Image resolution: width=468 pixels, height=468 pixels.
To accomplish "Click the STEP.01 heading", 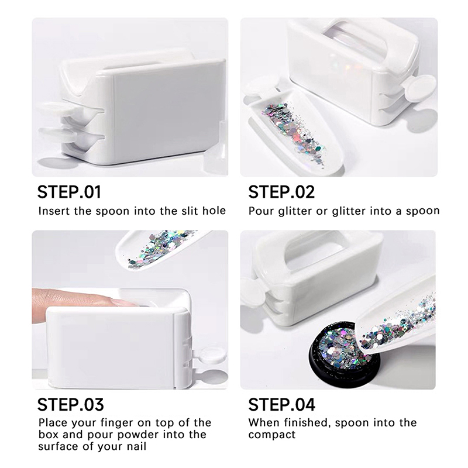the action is click(69, 192).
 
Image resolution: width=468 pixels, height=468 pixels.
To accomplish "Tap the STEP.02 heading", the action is click(281, 192).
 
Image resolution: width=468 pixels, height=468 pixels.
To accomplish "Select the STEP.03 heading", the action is click(70, 404).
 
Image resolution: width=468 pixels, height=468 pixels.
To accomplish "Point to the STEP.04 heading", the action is click(282, 404).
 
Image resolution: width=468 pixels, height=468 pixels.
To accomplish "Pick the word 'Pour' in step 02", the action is click(261, 211).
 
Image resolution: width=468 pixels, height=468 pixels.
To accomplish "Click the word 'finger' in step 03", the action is click(117, 423).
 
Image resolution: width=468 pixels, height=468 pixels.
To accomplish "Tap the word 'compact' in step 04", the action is click(272, 435).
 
